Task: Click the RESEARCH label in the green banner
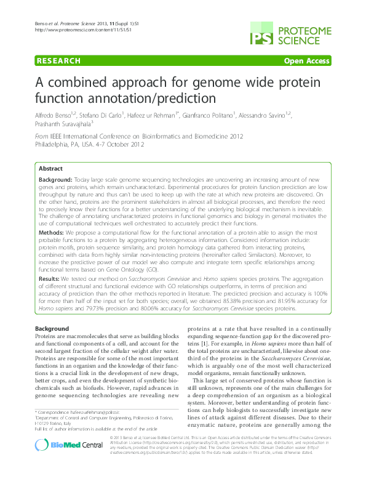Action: click(x=59, y=61)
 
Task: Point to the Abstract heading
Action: click(x=50, y=169)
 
